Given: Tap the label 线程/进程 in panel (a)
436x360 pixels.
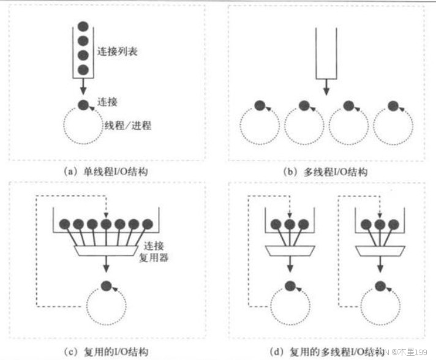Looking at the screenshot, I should [x=127, y=126].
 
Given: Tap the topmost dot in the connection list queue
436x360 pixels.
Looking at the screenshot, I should [x=83, y=28].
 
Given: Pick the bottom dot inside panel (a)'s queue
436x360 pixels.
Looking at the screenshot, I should [x=83, y=69].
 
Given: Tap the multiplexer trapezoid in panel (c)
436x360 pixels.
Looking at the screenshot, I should [x=106, y=250].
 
